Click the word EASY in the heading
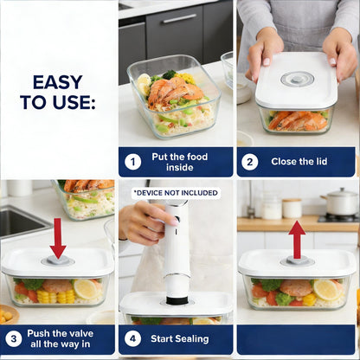click(x=57, y=82)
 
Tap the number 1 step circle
click(x=133, y=161)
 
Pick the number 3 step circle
click(x=15, y=339)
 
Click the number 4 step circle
click(x=133, y=339)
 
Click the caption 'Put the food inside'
click(x=185, y=161)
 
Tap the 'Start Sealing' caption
click(x=185, y=339)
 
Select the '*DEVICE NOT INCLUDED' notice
click(x=176, y=192)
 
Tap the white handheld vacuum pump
click(x=177, y=251)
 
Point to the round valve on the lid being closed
click(x=296, y=79)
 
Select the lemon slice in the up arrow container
click(x=327, y=289)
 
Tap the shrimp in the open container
click(x=173, y=91)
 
